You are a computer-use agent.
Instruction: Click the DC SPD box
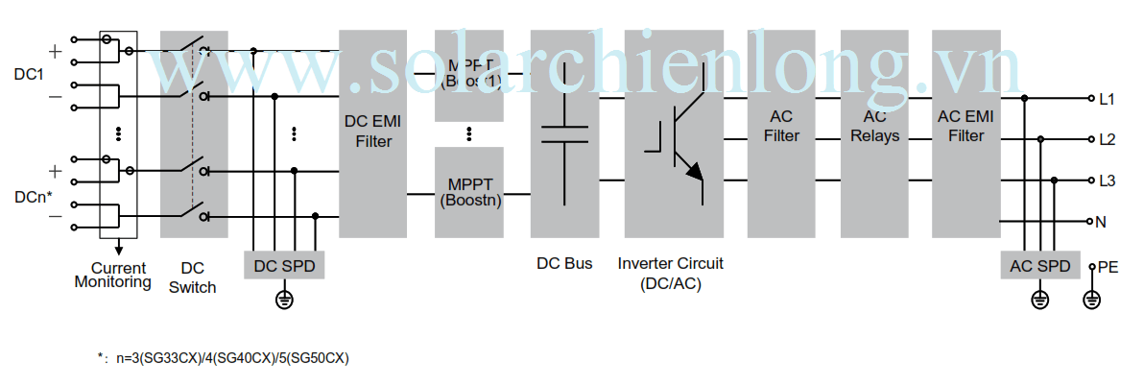(x=284, y=265)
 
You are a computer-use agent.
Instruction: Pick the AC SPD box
(x=1038, y=265)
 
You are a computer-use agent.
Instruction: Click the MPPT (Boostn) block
(x=470, y=192)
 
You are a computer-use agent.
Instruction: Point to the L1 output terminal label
(x=1107, y=99)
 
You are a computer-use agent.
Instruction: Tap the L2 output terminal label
(x=1107, y=139)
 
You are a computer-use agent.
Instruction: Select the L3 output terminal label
(x=1107, y=180)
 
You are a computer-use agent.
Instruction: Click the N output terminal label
(x=1102, y=222)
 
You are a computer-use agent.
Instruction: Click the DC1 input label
(x=29, y=74)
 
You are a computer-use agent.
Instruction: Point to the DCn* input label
(x=34, y=195)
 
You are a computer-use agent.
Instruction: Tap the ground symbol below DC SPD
(x=284, y=301)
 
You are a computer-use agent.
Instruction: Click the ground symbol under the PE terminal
(x=1090, y=301)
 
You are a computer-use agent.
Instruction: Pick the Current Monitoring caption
(x=112, y=276)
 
